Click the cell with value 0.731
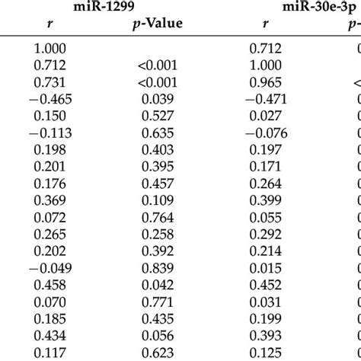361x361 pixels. click(x=49, y=82)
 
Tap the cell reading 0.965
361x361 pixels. click(x=266, y=82)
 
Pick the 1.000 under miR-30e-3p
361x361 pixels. click(x=266, y=65)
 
